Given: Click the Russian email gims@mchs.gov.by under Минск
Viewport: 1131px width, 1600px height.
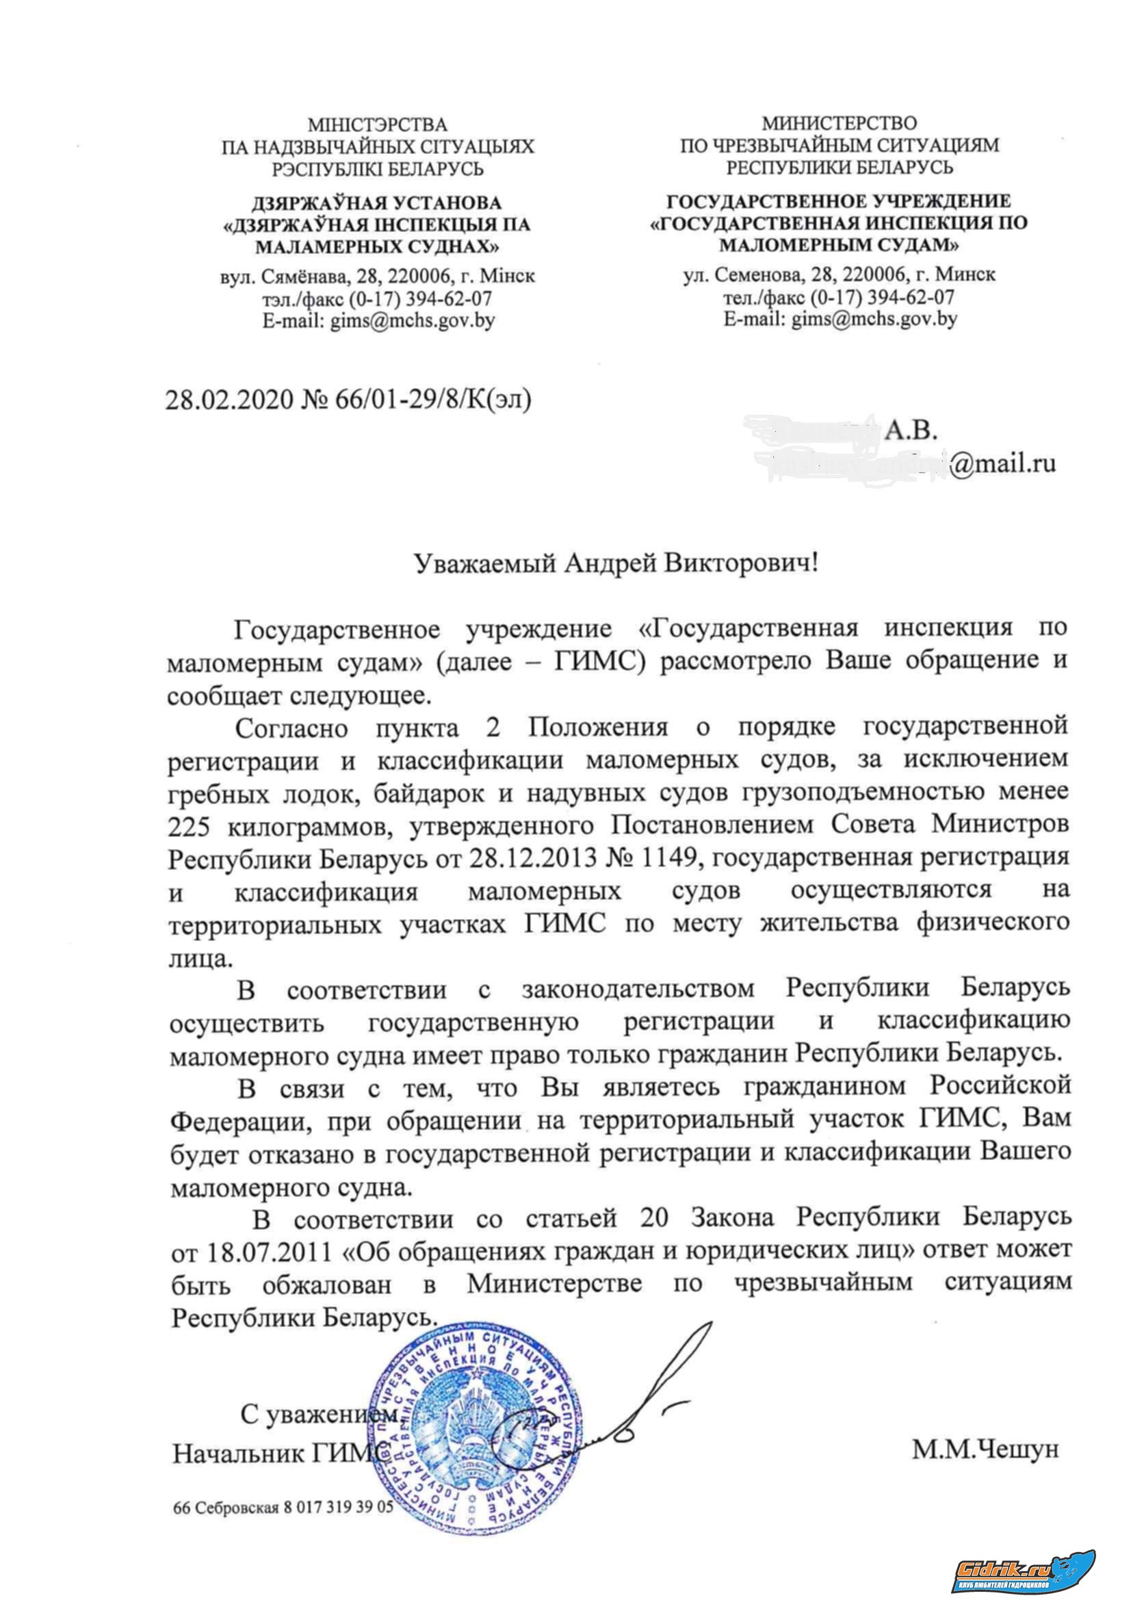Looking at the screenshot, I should [x=840, y=319].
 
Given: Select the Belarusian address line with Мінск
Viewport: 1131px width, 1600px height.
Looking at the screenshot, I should [x=377, y=276].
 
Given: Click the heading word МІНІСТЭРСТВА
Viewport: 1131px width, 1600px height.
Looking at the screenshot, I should [x=377, y=125].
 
